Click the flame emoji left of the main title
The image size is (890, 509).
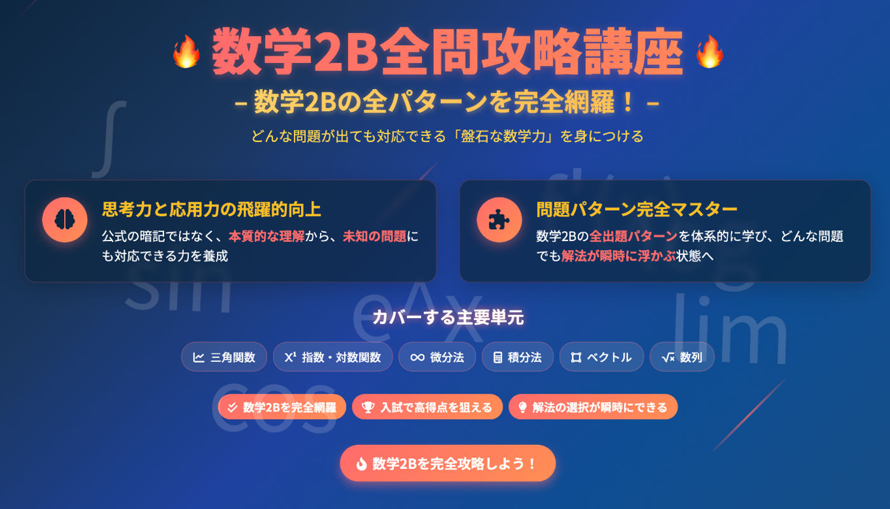click(x=186, y=52)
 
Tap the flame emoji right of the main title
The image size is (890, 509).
click(x=710, y=52)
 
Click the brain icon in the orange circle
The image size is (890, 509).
click(x=65, y=220)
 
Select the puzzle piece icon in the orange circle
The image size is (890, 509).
click(x=499, y=220)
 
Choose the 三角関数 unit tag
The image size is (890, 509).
click(x=224, y=357)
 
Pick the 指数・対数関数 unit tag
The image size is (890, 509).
click(x=333, y=357)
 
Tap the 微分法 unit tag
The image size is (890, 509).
click(x=437, y=357)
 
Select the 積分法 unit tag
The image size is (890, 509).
click(x=517, y=357)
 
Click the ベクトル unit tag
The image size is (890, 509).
click(x=602, y=357)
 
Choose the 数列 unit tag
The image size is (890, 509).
click(x=682, y=357)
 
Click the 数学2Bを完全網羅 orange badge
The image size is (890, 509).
click(x=282, y=407)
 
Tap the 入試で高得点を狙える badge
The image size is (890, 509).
click(x=427, y=407)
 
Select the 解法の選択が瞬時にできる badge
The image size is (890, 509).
click(x=593, y=407)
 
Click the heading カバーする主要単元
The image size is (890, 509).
click(x=448, y=317)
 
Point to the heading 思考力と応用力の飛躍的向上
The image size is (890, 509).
click(x=211, y=209)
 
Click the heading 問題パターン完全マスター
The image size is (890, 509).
click(x=637, y=209)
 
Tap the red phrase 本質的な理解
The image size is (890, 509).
click(x=267, y=236)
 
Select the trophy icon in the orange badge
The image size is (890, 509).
click(x=368, y=407)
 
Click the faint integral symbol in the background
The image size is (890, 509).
click(x=109, y=139)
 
